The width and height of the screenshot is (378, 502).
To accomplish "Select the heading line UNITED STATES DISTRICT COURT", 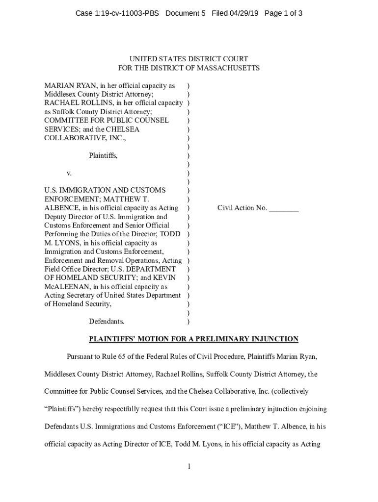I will pyautogui.click(x=189, y=59).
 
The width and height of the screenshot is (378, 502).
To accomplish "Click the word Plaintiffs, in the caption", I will pyautogui.click(x=103, y=155).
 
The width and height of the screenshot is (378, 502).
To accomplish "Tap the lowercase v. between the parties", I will pyautogui.click(x=69, y=173).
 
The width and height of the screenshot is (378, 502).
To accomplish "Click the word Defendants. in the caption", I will pyautogui.click(x=107, y=322).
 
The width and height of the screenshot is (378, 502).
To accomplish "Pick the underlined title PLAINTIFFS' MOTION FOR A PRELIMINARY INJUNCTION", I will pyautogui.click(x=193, y=339).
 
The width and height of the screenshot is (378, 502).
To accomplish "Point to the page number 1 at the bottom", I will pyautogui.click(x=189, y=466).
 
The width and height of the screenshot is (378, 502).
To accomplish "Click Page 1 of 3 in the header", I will pyautogui.click(x=283, y=13).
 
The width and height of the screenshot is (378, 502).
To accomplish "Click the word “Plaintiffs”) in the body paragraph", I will pyautogui.click(x=65, y=409).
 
